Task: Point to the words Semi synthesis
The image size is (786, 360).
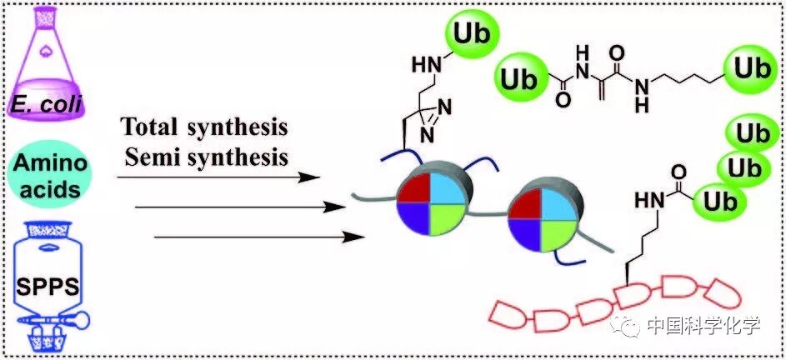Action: (204, 155)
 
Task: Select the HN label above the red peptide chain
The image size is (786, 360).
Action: (647, 201)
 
